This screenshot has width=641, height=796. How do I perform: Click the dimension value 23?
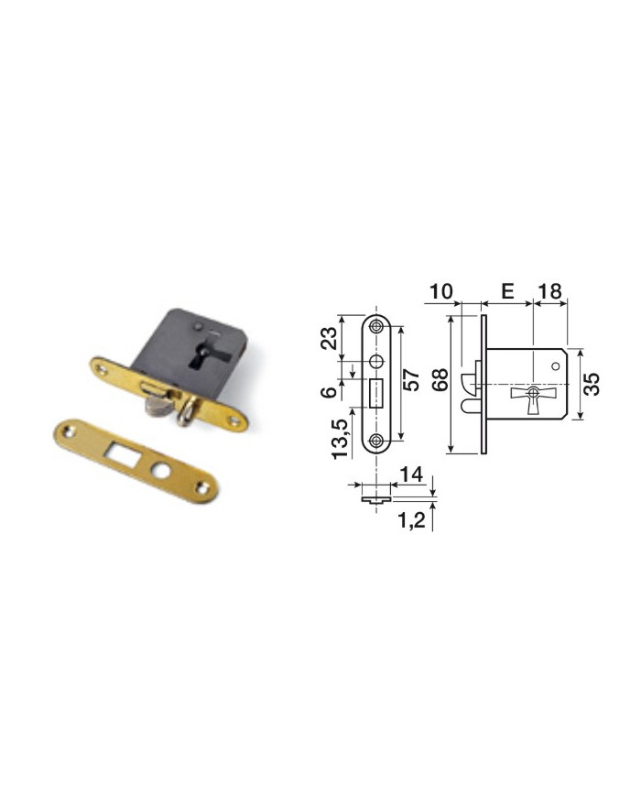coord(329,338)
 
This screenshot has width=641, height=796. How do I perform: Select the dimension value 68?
coord(440,379)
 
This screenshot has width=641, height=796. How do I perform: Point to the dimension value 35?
coord(592,385)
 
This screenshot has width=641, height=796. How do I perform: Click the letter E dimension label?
coord(507,291)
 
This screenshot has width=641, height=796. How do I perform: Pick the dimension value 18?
coord(549,291)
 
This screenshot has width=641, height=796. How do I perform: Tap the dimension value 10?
coord(441,291)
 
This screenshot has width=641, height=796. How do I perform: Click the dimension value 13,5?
coord(341,439)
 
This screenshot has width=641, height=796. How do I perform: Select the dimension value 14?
coord(411,474)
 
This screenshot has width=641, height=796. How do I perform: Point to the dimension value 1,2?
coord(411,520)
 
